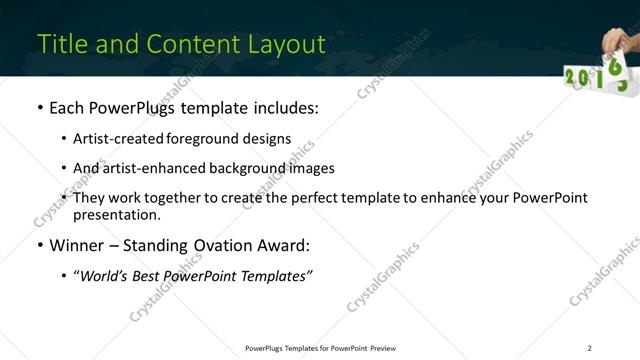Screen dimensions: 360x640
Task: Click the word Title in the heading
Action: pos(61,44)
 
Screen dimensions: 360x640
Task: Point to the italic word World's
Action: pos(104,276)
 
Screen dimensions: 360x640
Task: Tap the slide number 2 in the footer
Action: pos(590,348)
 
